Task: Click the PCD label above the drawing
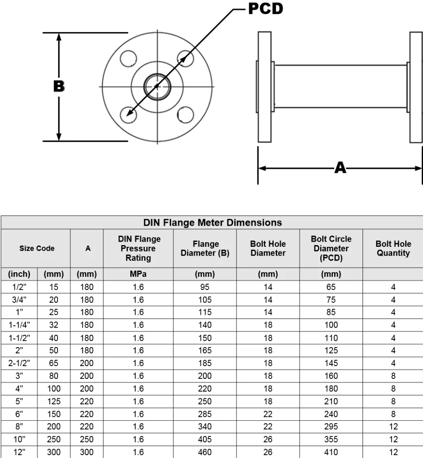coord(266,8)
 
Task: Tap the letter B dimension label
coord(59,86)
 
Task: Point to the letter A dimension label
coord(341,168)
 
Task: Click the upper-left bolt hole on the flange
coord(129,58)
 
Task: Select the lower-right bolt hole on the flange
coord(185,115)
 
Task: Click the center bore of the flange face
coord(157,87)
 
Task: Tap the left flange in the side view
coord(265,87)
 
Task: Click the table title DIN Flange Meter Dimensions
coord(212,223)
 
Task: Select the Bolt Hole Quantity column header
coord(393,248)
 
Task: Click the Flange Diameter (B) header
coord(205,248)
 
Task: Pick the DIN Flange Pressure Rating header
coord(139,248)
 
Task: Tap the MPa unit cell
coord(138,274)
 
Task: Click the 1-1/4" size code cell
coord(19,325)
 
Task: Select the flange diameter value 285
coord(205,414)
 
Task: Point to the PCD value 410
coord(331,452)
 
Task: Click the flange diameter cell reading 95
coord(205,287)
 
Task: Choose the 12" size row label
coord(19,452)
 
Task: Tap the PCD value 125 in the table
coord(331,350)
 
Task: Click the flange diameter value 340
coord(205,426)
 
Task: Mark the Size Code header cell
coord(37,248)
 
